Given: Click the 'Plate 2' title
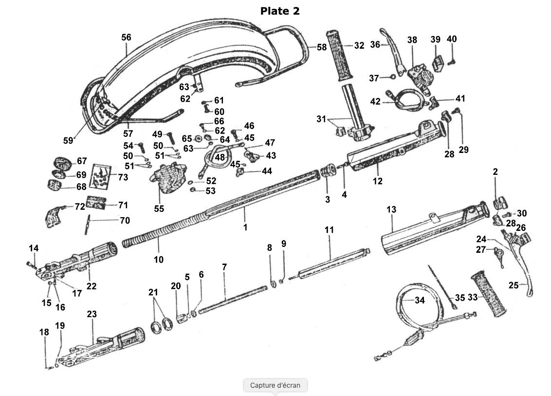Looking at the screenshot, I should [x=280, y=11].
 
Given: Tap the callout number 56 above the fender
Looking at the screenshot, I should [x=127, y=38].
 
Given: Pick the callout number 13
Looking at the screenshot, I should [x=391, y=209].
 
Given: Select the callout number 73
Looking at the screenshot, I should [x=123, y=177].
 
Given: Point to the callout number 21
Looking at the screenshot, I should [x=154, y=292].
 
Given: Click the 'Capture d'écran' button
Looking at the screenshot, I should [x=275, y=385].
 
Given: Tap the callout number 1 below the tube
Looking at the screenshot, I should [x=246, y=227].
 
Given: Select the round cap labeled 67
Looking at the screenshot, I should [x=62, y=162].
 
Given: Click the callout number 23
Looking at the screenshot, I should [x=92, y=315].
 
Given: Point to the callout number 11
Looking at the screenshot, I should [x=330, y=229].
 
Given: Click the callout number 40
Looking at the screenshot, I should [x=452, y=39].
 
